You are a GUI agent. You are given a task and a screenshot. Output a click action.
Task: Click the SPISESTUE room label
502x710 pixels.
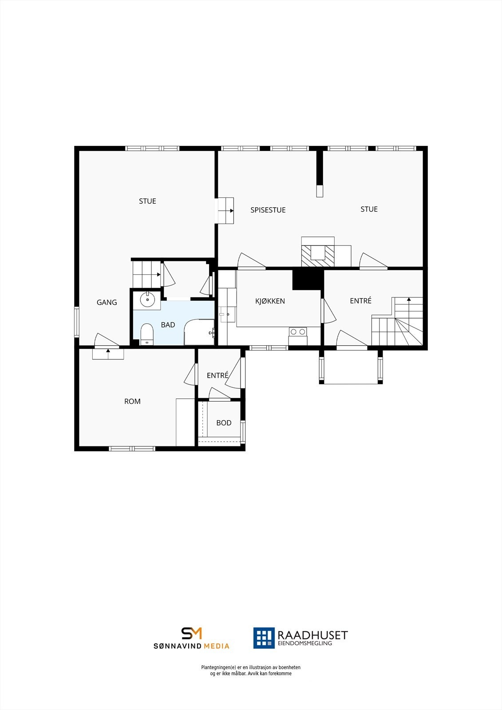(268, 210)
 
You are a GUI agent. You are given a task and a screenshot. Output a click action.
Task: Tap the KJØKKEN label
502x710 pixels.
(270, 301)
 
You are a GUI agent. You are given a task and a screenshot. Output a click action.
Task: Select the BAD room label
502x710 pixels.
(168, 325)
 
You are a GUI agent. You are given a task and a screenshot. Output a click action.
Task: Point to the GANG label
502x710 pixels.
(107, 302)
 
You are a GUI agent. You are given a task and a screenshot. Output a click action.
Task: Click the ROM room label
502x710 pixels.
(132, 401)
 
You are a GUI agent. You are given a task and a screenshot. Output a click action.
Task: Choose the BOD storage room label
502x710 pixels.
(224, 423)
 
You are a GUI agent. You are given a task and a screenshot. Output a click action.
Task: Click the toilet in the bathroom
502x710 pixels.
(146, 333)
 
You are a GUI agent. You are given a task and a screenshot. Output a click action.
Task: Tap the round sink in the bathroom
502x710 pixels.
(147, 300)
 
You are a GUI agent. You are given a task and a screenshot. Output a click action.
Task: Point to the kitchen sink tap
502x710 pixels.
(223, 314)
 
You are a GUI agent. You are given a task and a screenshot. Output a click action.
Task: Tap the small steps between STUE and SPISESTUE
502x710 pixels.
(225, 210)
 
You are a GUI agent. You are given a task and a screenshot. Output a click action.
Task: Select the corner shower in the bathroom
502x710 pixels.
(199, 331)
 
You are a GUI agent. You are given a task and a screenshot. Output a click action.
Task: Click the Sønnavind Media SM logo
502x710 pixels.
(191, 633)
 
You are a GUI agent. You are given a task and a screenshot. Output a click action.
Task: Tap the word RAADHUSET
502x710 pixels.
(312, 635)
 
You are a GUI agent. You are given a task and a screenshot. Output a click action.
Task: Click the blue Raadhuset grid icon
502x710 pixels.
(264, 638)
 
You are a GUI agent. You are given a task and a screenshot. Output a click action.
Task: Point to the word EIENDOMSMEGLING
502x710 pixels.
(304, 643)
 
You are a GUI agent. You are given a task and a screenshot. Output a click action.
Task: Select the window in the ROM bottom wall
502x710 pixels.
(132, 449)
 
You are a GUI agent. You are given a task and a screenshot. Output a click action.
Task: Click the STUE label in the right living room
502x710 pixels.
(369, 209)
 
